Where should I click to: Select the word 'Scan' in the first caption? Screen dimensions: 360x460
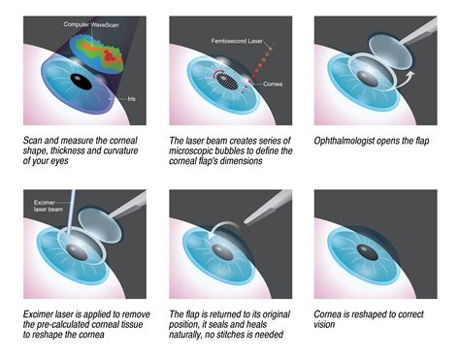click(x=34, y=141)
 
